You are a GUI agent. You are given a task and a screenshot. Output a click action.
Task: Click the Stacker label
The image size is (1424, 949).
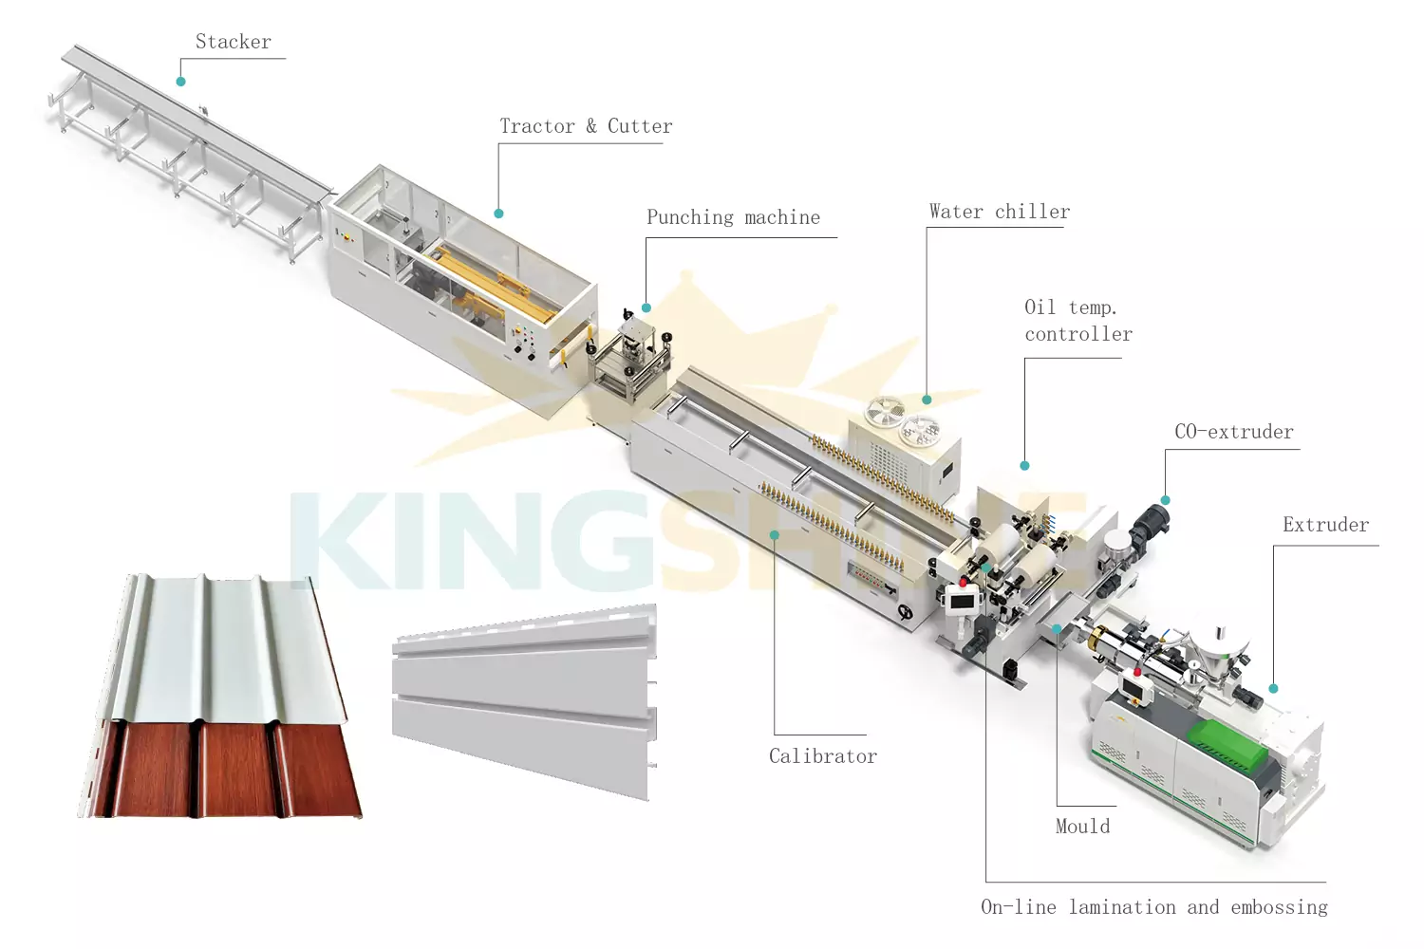(x=233, y=42)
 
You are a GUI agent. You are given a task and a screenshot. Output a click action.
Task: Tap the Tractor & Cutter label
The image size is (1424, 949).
(x=586, y=126)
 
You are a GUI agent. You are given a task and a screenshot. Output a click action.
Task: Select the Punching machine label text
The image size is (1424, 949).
(x=733, y=217)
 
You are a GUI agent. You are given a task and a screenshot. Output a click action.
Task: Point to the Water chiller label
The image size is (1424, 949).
(x=999, y=212)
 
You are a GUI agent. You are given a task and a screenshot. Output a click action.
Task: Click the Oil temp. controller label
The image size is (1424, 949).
(x=1077, y=321)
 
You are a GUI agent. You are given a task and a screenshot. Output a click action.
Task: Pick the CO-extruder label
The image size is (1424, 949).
(x=1233, y=432)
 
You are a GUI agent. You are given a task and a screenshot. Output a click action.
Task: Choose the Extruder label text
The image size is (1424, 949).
(x=1325, y=525)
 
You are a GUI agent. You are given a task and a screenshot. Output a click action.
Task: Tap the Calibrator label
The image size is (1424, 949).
(x=822, y=756)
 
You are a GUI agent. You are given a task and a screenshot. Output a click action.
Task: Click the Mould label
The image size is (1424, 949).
(x=1082, y=827)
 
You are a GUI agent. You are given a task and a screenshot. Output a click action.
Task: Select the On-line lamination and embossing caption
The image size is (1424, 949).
(x=1153, y=907)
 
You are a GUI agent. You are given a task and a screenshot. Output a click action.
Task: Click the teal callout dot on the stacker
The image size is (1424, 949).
(x=180, y=82)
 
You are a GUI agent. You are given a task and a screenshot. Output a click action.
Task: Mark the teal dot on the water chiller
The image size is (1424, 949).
(x=927, y=400)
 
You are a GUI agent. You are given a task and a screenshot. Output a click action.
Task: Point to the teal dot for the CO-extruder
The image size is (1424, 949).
(x=1165, y=500)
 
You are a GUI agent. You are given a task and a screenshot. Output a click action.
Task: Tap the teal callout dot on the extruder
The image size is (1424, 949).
(x=1273, y=688)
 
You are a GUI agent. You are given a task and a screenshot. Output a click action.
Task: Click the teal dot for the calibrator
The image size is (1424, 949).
(x=774, y=535)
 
